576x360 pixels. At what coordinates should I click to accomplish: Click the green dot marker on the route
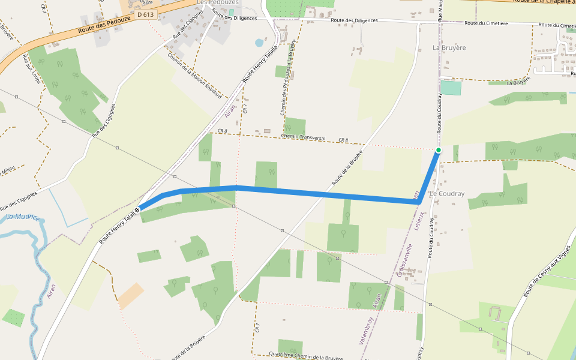(x=439, y=150)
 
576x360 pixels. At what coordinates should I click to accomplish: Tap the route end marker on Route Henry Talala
(x=137, y=209)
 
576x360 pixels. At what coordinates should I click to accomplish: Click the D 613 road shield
(x=145, y=14)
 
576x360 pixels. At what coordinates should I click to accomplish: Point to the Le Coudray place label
(x=447, y=194)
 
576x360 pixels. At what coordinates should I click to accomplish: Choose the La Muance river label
(x=22, y=217)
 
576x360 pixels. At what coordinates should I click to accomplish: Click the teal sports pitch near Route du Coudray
(x=451, y=88)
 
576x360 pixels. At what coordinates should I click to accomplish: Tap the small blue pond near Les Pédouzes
(x=259, y=43)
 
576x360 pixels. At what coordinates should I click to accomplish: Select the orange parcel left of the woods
(x=130, y=296)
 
